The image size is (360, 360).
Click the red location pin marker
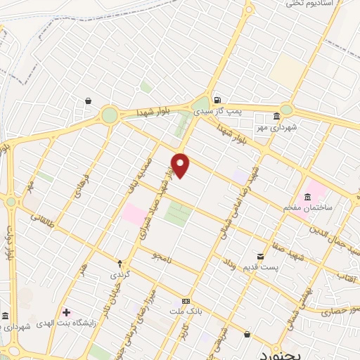tap(181, 165)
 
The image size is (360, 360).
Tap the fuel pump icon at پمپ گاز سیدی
tap(217, 100)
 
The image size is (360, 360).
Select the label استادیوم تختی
tap(314, 4)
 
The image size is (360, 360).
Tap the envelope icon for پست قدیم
tap(260, 257)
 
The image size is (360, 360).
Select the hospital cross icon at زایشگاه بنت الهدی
tap(66, 311)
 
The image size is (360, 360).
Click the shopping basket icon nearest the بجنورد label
tap(247, 335)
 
